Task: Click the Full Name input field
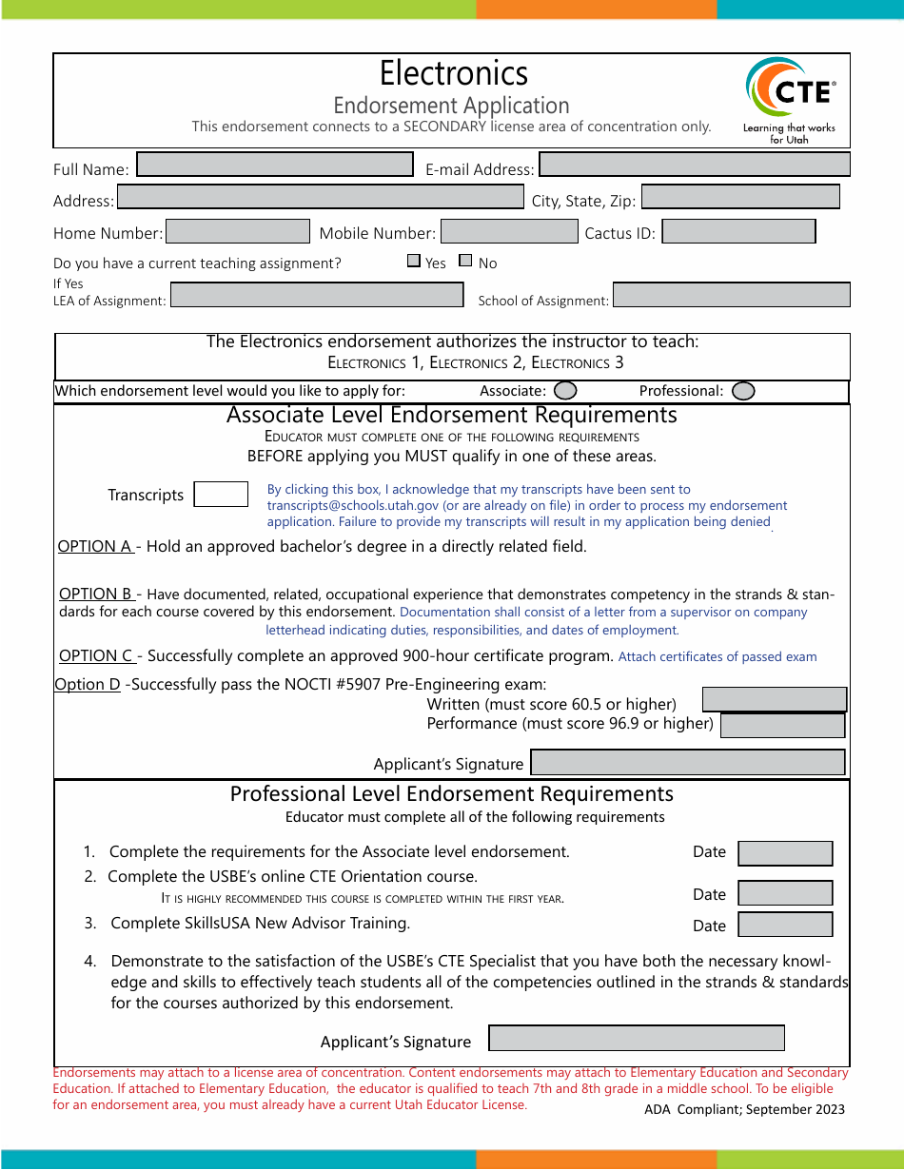[275, 165]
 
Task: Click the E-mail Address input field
[694, 165]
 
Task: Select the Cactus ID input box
[738, 231]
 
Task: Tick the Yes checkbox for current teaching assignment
[414, 261]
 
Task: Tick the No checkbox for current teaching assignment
[465, 261]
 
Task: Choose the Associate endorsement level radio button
[565, 391]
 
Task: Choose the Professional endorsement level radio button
[743, 391]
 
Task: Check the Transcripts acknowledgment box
[221, 495]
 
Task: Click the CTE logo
[790, 99]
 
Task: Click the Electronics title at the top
[453, 73]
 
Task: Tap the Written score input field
[774, 699]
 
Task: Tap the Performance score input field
[782, 726]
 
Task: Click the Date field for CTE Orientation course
[785, 893]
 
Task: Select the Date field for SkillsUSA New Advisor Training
[785, 925]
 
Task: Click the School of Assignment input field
[731, 295]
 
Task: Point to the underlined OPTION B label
[96, 595]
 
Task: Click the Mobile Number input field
[509, 231]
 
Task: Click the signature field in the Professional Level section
[636, 1038]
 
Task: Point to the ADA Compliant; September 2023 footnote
[744, 1109]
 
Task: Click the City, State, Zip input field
[740, 197]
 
